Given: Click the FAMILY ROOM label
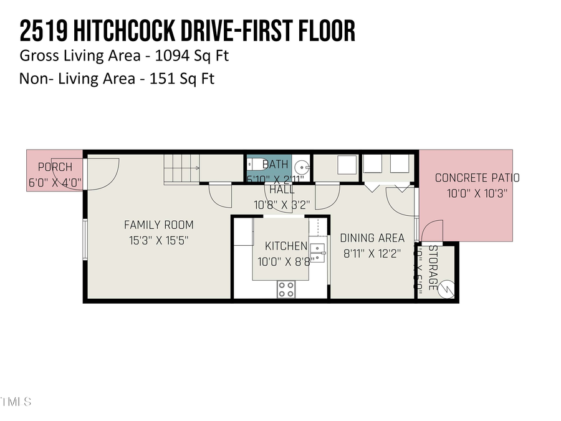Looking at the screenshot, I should (x=158, y=225).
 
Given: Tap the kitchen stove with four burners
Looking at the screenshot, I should (x=286, y=289).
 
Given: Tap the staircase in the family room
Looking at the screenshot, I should (x=181, y=169).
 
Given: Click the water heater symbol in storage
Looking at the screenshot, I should (x=446, y=289).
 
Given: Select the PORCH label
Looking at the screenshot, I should (x=55, y=167).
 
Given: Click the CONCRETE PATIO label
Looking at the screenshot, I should (x=477, y=178).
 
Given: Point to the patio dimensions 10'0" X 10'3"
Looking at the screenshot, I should (x=477, y=193).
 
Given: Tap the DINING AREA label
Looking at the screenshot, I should (x=372, y=238).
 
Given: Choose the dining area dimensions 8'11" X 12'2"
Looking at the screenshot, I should (x=372, y=254).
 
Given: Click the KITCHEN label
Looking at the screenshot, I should (x=286, y=246).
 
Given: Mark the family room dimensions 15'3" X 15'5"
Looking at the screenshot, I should (x=158, y=241).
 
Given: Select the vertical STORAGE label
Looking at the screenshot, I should (x=432, y=268).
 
